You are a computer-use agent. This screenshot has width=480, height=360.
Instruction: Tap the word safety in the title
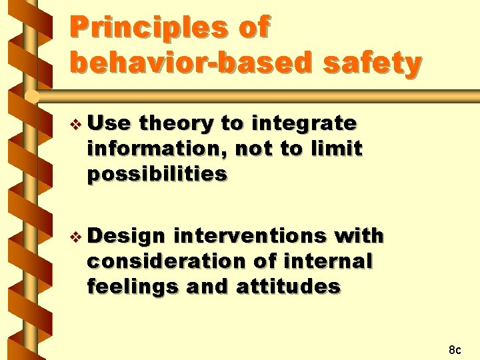click(x=373, y=63)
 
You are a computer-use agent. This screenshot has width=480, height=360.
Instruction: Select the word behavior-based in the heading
click(x=192, y=62)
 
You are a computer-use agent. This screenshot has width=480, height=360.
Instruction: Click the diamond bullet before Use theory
click(x=75, y=125)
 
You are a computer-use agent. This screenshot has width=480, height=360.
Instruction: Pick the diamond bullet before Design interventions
click(x=75, y=237)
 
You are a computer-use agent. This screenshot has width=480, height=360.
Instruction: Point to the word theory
click(x=176, y=124)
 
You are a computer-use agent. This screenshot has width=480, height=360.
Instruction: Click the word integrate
click(x=304, y=124)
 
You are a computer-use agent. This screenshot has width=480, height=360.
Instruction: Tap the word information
click(x=157, y=149)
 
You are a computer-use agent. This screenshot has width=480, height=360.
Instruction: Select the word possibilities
click(x=157, y=175)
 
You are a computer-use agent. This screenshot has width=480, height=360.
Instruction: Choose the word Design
click(x=126, y=237)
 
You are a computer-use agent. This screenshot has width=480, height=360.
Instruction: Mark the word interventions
click(x=250, y=236)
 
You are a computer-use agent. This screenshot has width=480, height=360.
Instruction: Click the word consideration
click(x=167, y=261)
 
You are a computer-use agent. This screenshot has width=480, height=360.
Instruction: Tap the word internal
click(x=328, y=261)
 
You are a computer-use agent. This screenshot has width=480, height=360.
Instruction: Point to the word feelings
click(x=133, y=287)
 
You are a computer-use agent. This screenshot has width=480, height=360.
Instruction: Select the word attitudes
click(x=289, y=286)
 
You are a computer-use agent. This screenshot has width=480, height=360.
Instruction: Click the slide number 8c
click(x=455, y=349)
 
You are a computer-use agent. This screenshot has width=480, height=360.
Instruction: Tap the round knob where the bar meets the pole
click(x=32, y=97)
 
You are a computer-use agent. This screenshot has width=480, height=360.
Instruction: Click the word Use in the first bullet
click(x=109, y=123)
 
